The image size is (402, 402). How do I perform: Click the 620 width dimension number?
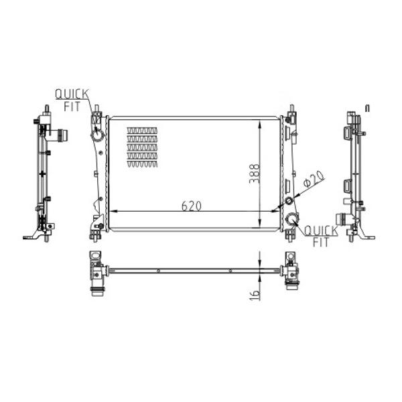(x=191, y=206)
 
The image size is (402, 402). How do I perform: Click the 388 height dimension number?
(x=255, y=174)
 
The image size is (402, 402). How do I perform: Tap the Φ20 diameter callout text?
(x=314, y=178)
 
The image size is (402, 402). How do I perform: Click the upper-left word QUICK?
(x=72, y=94)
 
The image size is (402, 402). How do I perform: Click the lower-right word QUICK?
(x=322, y=230)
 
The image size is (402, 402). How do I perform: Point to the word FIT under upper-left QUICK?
(x=72, y=107)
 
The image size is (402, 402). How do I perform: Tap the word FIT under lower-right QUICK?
(x=321, y=243)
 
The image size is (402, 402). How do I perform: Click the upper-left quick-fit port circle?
(x=98, y=135)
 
